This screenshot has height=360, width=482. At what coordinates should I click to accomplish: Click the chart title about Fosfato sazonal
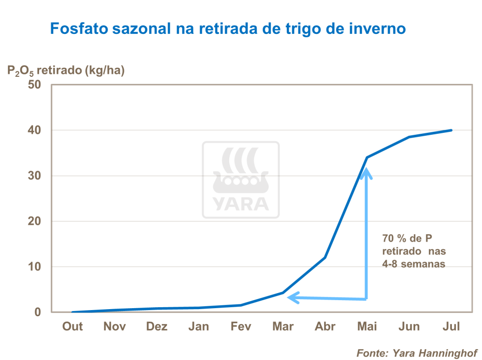click(227, 29)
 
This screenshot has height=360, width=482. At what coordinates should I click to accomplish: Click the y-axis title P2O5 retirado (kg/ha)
click(66, 71)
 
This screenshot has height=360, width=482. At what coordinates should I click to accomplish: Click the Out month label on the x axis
click(73, 327)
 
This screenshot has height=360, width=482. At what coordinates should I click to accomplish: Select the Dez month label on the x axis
click(157, 327)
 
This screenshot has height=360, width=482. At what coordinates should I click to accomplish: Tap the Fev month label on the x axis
click(241, 327)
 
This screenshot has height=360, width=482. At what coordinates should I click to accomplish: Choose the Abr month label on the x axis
click(325, 327)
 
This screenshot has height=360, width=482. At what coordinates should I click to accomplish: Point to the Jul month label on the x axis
click(451, 327)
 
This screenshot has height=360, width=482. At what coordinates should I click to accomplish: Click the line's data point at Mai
click(367, 157)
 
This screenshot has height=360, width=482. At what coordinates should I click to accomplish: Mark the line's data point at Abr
click(325, 257)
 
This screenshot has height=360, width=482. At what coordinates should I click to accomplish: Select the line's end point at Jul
click(451, 130)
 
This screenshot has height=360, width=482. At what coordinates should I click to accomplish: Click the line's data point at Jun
click(409, 137)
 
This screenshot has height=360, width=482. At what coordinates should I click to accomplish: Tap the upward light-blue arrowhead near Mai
click(366, 173)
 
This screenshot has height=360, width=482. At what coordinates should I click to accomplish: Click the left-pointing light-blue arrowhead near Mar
click(293, 297)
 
